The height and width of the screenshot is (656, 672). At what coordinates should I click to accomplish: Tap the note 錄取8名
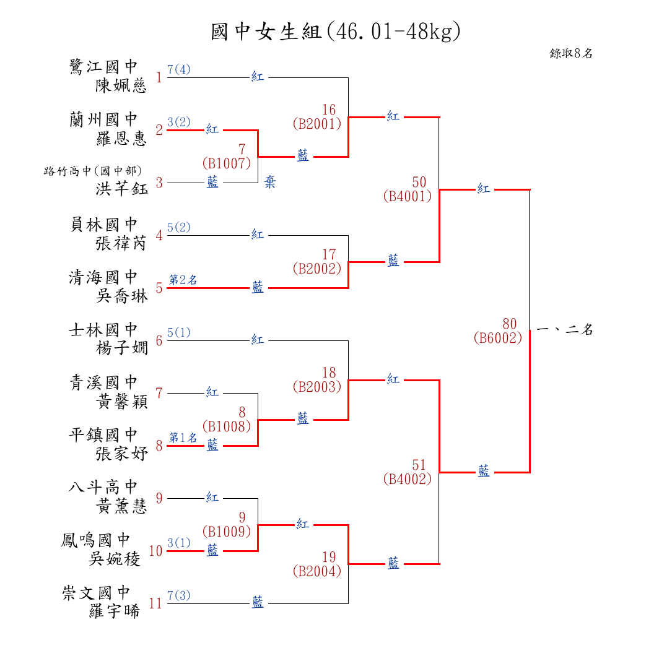pyautogui.click(x=571, y=54)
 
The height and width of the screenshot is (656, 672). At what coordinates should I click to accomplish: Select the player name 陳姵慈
pyautogui.click(x=121, y=85)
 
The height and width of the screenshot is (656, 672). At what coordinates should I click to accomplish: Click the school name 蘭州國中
pyautogui.click(x=103, y=119)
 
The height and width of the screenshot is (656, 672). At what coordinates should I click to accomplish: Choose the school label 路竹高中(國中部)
pyautogui.click(x=93, y=171)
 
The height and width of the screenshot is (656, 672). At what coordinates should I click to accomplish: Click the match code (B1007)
pyautogui.click(x=226, y=164)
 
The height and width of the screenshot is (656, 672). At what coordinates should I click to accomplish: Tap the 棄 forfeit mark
pyautogui.click(x=270, y=183)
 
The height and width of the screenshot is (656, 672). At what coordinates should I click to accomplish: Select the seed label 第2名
pyautogui.click(x=183, y=280)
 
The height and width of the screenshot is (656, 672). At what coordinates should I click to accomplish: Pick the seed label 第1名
pyautogui.click(x=183, y=438)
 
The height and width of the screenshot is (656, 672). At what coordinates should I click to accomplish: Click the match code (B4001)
pyautogui.click(x=407, y=197)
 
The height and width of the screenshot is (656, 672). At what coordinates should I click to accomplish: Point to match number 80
pyautogui.click(x=510, y=324)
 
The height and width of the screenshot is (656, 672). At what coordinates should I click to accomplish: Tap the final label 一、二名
pyautogui.click(x=565, y=330)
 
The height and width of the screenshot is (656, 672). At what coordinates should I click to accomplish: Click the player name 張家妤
pyautogui.click(x=121, y=454)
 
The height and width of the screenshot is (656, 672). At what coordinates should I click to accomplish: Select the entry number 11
pyautogui.click(x=155, y=604)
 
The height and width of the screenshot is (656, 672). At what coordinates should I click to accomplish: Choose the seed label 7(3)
pyautogui.click(x=179, y=595)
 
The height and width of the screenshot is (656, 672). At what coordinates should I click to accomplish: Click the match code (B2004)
pyautogui.click(x=316, y=572)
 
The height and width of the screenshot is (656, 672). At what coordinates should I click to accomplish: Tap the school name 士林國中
pyautogui.click(x=103, y=330)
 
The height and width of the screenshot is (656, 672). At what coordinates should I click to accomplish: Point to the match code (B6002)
pyautogui.click(x=497, y=339)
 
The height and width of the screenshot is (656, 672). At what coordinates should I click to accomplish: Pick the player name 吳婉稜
pyautogui.click(x=115, y=559)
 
